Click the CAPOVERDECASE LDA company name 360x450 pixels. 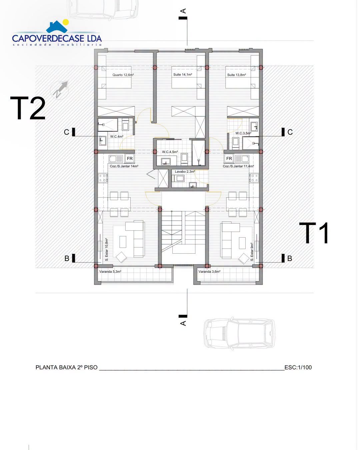click(x=57, y=38)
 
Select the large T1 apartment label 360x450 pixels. click(x=314, y=233)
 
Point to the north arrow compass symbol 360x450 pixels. click(x=60, y=89)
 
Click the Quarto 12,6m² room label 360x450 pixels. click(x=123, y=75)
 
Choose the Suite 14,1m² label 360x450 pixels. click(x=183, y=74)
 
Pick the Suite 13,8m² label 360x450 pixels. click(x=237, y=75)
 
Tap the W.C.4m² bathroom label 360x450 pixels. click(x=117, y=137)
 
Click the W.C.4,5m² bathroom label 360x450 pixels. click(x=170, y=152)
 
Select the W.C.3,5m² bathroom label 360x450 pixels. click(x=243, y=133)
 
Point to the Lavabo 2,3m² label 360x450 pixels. click(x=185, y=171)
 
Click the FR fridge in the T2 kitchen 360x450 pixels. click(x=130, y=159)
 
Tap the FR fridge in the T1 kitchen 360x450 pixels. click(x=229, y=159)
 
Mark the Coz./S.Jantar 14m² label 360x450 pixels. click(x=124, y=166)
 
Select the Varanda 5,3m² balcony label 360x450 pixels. click(x=110, y=272)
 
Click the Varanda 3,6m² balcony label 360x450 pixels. click(x=209, y=272)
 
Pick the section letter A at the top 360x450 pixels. click(x=183, y=11)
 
